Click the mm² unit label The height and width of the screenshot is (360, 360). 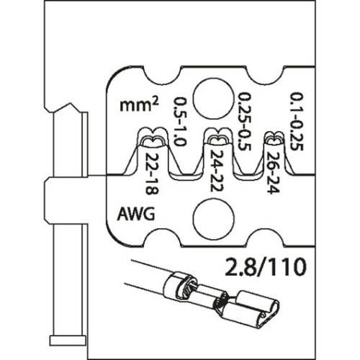(x=139, y=104)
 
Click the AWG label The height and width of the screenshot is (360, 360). (x=136, y=214)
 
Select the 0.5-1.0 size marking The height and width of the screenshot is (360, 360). (x=179, y=122)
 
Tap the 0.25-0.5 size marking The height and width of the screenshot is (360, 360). (x=244, y=122)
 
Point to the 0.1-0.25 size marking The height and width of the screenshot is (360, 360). (x=297, y=122)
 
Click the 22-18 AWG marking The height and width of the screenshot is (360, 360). (x=152, y=173)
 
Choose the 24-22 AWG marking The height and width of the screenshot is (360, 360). (x=217, y=171)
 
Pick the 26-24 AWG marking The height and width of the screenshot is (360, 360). (x=273, y=173)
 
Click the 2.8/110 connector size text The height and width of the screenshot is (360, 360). (x=266, y=267)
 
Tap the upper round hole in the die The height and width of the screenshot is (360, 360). (x=214, y=99)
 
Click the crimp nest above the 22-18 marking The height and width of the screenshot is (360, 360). (x=152, y=138)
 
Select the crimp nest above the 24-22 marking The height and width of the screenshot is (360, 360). (x=218, y=138)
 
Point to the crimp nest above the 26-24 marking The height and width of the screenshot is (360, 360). (x=274, y=138)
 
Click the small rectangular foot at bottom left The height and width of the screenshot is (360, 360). (x=68, y=341)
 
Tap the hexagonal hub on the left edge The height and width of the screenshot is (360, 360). (x=67, y=201)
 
